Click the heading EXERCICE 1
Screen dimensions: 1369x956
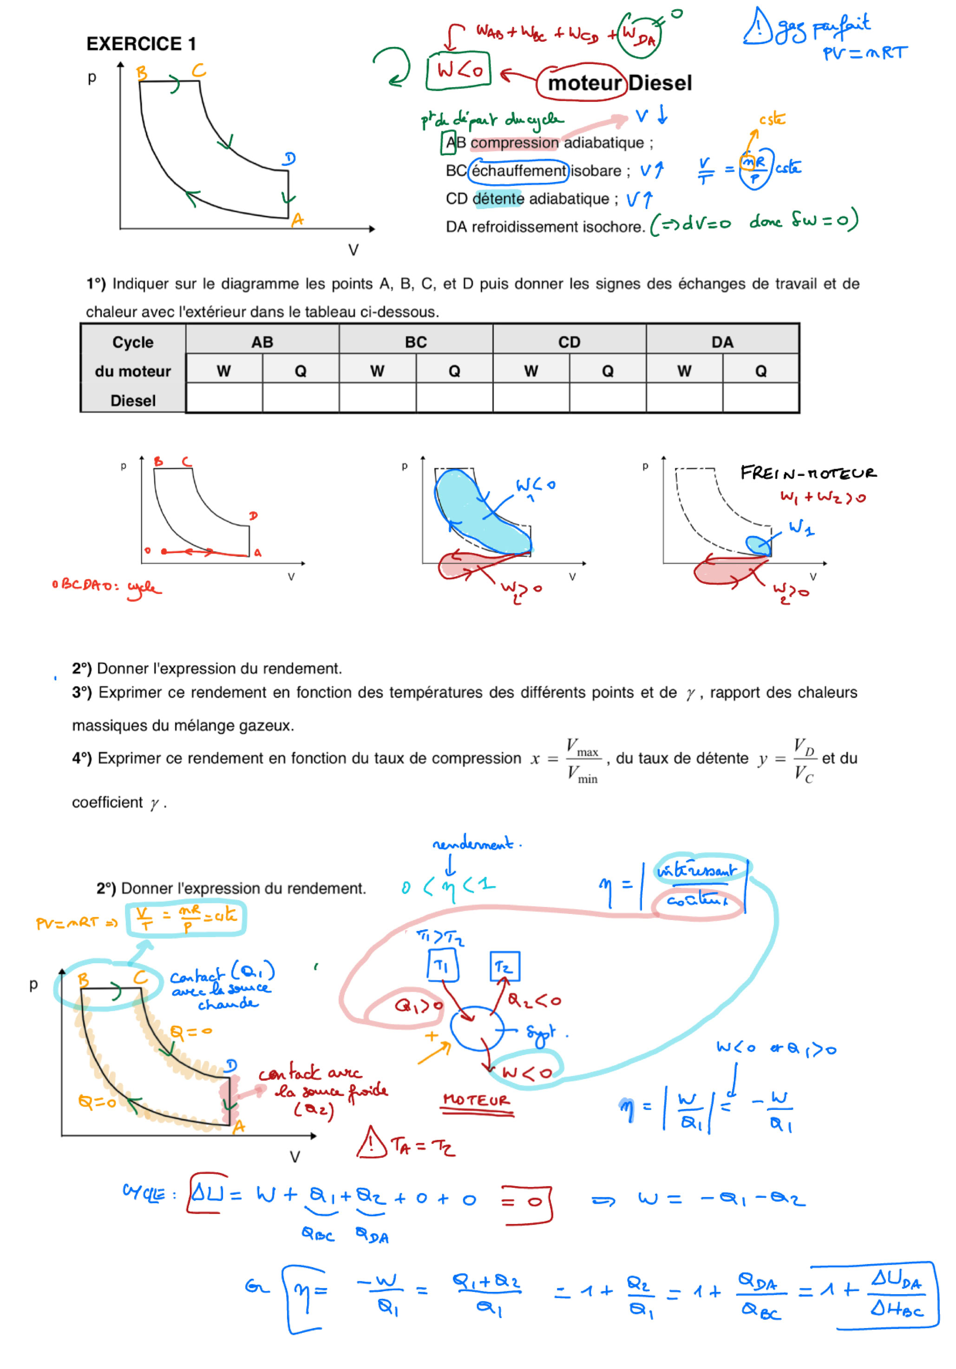pyautogui.click(x=141, y=44)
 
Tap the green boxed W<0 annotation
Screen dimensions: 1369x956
pyautogui.click(x=458, y=71)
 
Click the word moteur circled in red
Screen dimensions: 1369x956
pyautogui.click(x=584, y=83)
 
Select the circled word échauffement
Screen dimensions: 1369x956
pyautogui.click(x=518, y=171)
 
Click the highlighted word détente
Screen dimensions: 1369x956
pyautogui.click(x=498, y=199)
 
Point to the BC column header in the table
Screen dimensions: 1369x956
pyautogui.click(x=416, y=342)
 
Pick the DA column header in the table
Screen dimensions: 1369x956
pyautogui.click(x=722, y=342)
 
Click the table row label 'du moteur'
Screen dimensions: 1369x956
pyautogui.click(x=132, y=371)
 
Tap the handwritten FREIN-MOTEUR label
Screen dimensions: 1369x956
pyautogui.click(x=808, y=473)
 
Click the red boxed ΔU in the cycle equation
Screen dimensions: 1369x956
pyautogui.click(x=206, y=1193)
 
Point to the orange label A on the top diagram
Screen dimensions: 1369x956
pyautogui.click(x=297, y=221)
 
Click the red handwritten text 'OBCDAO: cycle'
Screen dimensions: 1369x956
pyautogui.click(x=106, y=586)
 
